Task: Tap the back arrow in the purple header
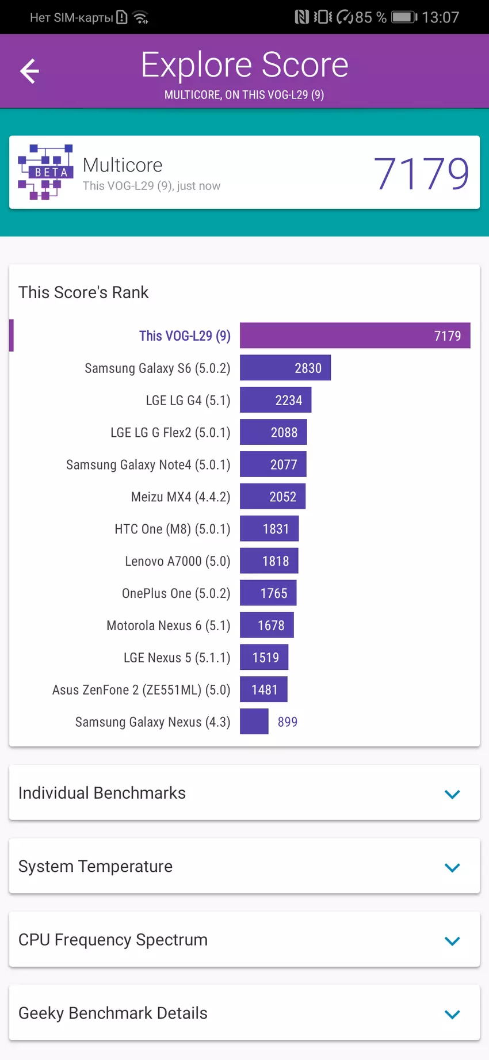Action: [x=29, y=71]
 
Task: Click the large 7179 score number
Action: [x=421, y=173]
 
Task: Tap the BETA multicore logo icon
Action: [x=46, y=171]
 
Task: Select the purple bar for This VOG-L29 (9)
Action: [x=354, y=335]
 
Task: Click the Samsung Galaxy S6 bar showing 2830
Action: [x=285, y=368]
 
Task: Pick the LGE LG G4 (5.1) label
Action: [x=188, y=401]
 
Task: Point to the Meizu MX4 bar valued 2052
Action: [x=273, y=497]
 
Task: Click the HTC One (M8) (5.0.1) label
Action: [x=172, y=529]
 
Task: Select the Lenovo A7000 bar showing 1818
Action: [x=269, y=561]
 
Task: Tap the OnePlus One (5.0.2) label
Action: [x=175, y=593]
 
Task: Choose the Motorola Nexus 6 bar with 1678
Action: [x=267, y=626]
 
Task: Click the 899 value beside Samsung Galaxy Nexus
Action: [x=288, y=722]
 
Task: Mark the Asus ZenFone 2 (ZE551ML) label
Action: [x=141, y=690]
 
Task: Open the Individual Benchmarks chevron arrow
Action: [x=452, y=794]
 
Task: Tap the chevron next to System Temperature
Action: [x=452, y=867]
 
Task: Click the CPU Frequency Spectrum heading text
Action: [x=113, y=940]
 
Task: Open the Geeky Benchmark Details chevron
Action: [x=452, y=1014]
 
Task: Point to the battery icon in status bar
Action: [x=404, y=17]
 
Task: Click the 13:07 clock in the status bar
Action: [x=440, y=17]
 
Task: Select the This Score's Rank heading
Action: [x=83, y=292]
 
